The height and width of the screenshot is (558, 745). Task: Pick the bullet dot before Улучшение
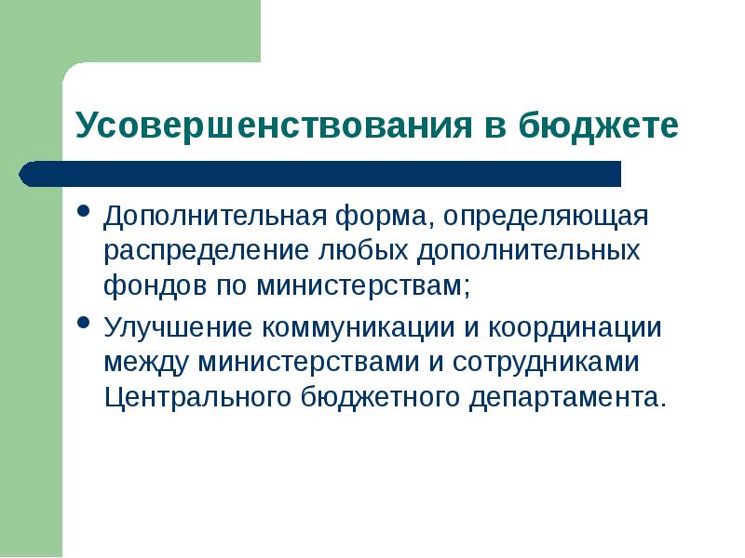pyautogui.click(x=84, y=325)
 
